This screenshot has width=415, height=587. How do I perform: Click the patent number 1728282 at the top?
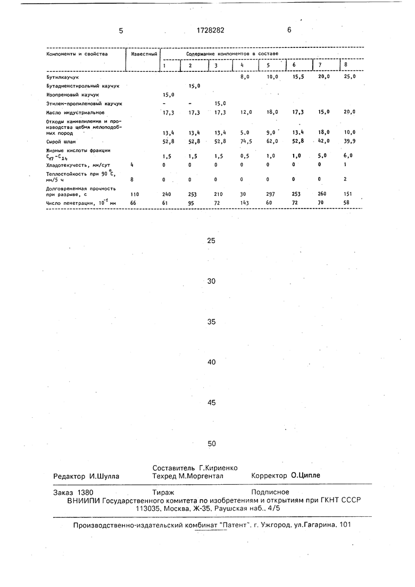click(206, 30)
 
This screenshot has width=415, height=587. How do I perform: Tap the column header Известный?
click(144, 54)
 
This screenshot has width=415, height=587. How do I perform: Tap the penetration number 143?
click(244, 204)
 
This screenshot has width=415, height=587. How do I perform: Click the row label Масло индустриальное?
click(75, 113)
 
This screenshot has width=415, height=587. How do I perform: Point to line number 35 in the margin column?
click(211, 322)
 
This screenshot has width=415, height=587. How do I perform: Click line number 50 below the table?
click(212, 444)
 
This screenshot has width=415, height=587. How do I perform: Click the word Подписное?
click(271, 492)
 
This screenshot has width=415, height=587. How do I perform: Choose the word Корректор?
click(270, 476)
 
